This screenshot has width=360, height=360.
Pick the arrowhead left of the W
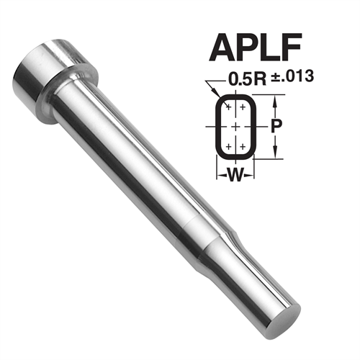tap(219, 173)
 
